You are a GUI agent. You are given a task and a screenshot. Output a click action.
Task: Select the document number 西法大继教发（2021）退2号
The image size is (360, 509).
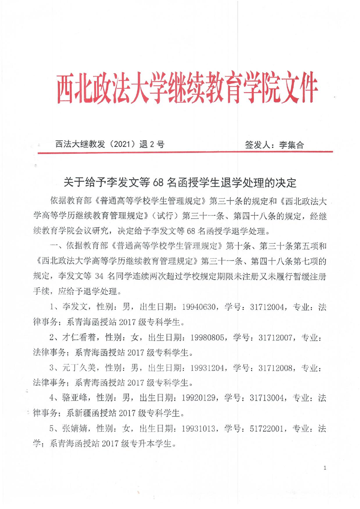(x=109, y=145)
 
